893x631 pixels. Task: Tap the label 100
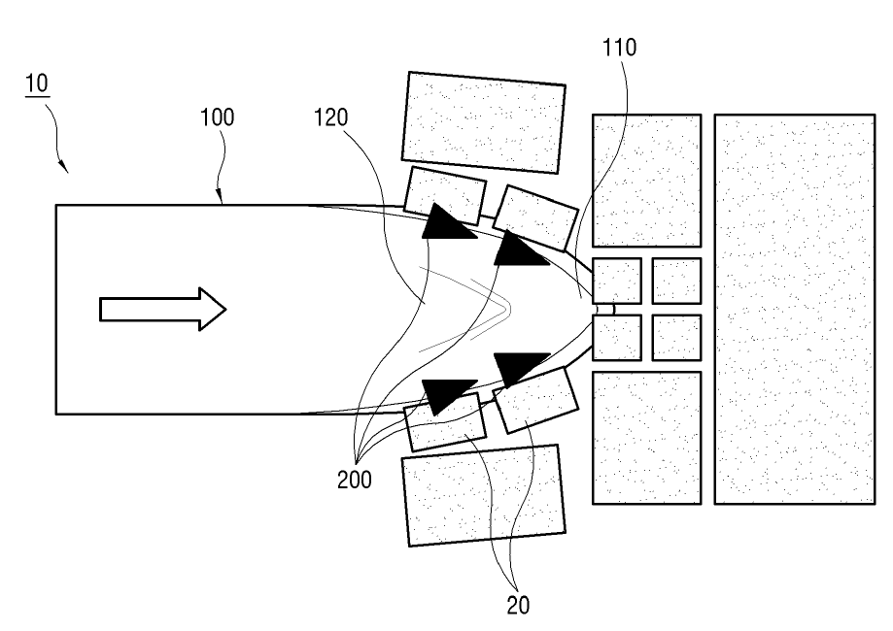(x=216, y=119)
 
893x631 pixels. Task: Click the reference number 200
(x=355, y=480)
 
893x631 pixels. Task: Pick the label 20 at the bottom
(x=519, y=603)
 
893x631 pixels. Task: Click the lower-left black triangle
(x=446, y=394)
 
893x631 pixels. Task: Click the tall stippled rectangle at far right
(x=794, y=309)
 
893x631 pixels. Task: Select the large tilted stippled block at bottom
(x=483, y=495)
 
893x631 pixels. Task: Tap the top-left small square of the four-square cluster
(x=616, y=282)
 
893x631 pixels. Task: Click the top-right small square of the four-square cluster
(x=676, y=282)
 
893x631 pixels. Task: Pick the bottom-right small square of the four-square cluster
(x=676, y=337)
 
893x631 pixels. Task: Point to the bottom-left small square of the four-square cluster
(x=616, y=338)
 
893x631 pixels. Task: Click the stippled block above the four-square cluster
(x=646, y=180)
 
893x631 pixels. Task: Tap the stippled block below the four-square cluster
(x=646, y=437)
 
